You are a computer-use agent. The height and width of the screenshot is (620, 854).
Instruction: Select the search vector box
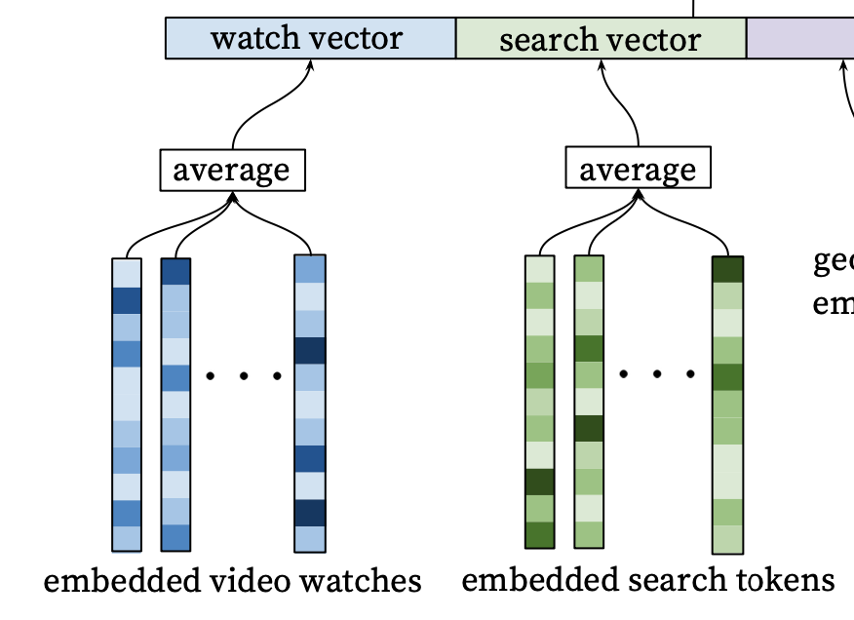click(x=601, y=39)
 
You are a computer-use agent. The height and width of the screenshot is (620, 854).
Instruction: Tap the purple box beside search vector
click(x=800, y=39)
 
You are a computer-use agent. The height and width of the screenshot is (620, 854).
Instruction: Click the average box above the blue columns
click(x=232, y=170)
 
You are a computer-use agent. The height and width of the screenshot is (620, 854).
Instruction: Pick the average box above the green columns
click(x=639, y=170)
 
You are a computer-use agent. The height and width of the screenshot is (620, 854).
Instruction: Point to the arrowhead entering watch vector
click(x=311, y=64)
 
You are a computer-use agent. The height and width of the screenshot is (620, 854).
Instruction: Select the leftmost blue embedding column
click(x=127, y=405)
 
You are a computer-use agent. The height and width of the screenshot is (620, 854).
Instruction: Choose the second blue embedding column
click(x=175, y=405)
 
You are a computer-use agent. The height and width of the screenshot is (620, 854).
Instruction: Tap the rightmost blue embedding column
click(x=310, y=405)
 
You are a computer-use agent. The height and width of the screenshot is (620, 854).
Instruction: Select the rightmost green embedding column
click(x=727, y=405)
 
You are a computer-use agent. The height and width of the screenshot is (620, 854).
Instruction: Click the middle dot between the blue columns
click(x=244, y=375)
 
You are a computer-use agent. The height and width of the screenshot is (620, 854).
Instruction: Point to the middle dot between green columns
click(x=657, y=373)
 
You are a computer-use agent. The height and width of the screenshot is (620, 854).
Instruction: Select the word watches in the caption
click(x=360, y=582)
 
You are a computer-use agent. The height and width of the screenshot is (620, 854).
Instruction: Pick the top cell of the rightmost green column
click(x=727, y=269)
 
